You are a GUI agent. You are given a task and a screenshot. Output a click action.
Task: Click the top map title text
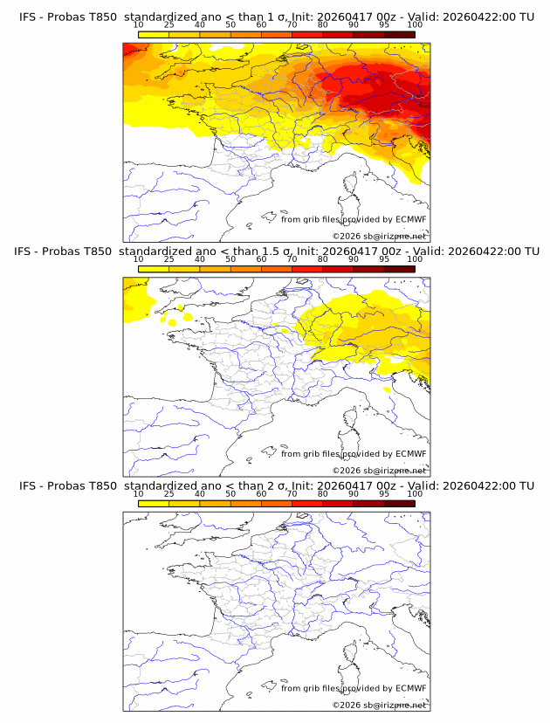pyautogui.click(x=276, y=17)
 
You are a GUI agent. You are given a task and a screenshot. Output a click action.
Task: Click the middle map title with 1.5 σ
pyautogui.click(x=276, y=251)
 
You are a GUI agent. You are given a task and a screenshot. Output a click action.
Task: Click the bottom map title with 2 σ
pyautogui.click(x=276, y=485)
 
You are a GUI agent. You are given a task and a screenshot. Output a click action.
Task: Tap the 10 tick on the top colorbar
pyautogui.click(x=139, y=24)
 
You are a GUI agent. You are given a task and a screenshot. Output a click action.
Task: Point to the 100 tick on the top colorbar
pyautogui.click(x=415, y=24)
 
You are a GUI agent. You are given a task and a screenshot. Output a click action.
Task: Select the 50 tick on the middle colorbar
pyautogui.click(x=230, y=259)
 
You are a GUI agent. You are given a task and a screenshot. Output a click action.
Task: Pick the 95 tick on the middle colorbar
pyautogui.click(x=384, y=259)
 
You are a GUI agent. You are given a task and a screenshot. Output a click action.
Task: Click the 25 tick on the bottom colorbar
pyautogui.click(x=169, y=493)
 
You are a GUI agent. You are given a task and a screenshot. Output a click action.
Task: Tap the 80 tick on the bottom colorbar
pyautogui.click(x=323, y=493)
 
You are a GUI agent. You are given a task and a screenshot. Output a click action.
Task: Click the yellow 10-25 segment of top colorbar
pyautogui.click(x=154, y=34)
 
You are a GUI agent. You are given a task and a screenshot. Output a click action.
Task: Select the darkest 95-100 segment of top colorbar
pyautogui.click(x=399, y=34)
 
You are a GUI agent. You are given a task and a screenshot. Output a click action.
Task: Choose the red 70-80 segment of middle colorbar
pyautogui.click(x=307, y=268)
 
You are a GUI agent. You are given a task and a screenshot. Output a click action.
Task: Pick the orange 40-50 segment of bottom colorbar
pyautogui.click(x=215, y=503)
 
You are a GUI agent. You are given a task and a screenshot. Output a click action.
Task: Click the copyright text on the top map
pyautogui.click(x=379, y=236)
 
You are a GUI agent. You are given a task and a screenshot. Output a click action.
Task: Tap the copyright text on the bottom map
pyautogui.click(x=379, y=705)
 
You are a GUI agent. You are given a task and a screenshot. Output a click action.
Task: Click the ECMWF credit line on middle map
pyautogui.click(x=354, y=453)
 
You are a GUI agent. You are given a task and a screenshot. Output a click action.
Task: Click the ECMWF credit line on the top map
pyautogui.click(x=354, y=219)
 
